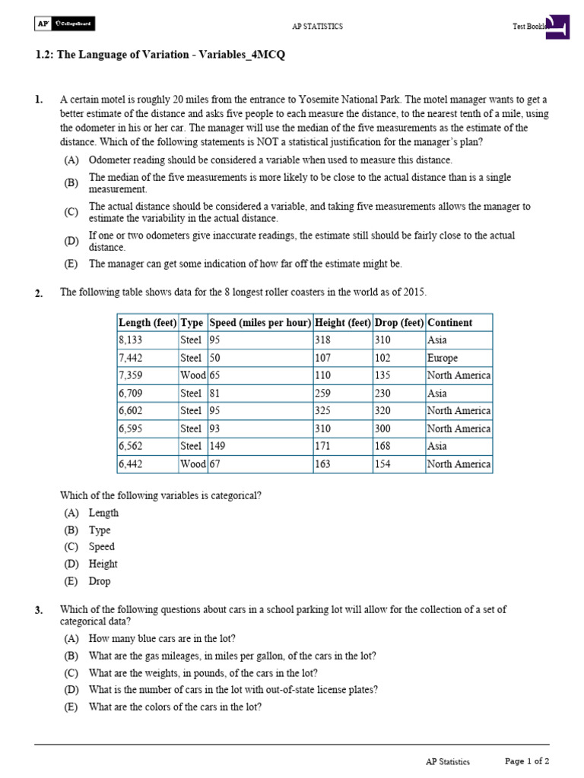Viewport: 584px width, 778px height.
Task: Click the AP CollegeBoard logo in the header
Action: (65, 25)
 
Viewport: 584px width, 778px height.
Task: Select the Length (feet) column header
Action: (148, 322)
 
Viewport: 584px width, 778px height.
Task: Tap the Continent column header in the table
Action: (449, 322)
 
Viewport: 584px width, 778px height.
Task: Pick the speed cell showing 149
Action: (220, 446)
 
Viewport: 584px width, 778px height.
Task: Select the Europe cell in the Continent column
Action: (443, 358)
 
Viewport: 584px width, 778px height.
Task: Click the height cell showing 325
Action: (323, 411)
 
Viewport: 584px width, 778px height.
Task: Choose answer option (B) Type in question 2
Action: (99, 530)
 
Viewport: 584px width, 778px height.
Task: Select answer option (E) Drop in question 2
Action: (99, 581)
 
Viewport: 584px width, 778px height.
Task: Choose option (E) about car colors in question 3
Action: (175, 707)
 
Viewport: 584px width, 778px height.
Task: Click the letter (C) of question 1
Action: (71, 212)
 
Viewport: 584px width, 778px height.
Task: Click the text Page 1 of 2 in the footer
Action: (527, 761)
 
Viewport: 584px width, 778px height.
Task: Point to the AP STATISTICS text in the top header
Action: (317, 27)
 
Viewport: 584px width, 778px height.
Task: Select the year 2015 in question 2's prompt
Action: (414, 293)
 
